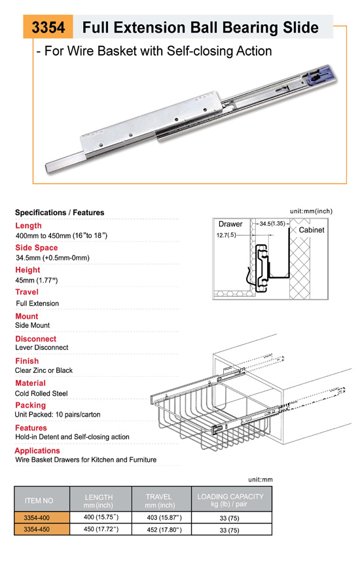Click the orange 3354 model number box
[48, 27]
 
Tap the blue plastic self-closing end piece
[319, 75]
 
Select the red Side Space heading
[36, 248]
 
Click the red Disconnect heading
[35, 339]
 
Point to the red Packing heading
[31, 406]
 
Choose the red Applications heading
[37, 451]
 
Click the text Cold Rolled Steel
[41, 393]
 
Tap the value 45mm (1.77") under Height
[37, 280]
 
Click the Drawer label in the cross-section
[230, 224]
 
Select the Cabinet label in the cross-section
[312, 230]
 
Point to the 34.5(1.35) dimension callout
[272, 224]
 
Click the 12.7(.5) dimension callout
[226, 235]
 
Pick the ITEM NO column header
[39, 501]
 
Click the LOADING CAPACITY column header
[230, 500]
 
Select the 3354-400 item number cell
[37, 518]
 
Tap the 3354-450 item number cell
[37, 529]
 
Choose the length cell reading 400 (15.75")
[101, 518]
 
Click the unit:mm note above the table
[261, 480]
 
